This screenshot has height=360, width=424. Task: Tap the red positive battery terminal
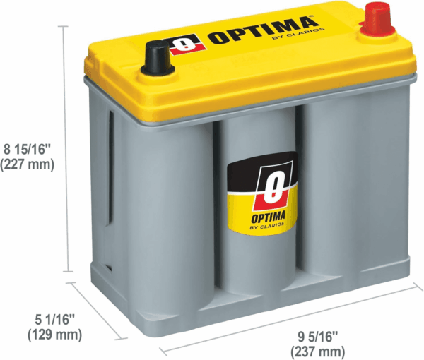pyautogui.click(x=377, y=20)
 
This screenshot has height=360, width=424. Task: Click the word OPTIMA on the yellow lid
pyautogui.click(x=261, y=30)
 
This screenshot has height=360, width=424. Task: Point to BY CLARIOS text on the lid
pyautogui.click(x=298, y=34)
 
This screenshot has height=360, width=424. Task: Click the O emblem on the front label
pyautogui.click(x=273, y=186)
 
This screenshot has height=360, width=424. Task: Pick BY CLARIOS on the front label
pyautogui.click(x=267, y=226)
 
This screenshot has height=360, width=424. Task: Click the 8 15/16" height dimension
pyautogui.click(x=28, y=150)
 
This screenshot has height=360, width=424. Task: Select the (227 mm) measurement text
pyautogui.click(x=28, y=164)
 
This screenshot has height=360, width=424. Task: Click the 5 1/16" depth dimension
pyautogui.click(x=54, y=320)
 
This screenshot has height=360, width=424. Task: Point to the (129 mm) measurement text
pyautogui.click(x=54, y=335)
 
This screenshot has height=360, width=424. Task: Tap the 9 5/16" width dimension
pyautogui.click(x=318, y=337)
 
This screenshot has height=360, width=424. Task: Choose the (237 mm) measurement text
pyautogui.click(x=318, y=352)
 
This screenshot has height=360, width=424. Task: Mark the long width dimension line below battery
pyautogui.click(x=292, y=318)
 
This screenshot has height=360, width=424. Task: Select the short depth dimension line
pyautogui.click(x=97, y=310)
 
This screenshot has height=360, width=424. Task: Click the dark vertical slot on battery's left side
pyautogui.click(x=111, y=167)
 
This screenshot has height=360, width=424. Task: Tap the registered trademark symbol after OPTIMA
pyautogui.click(x=313, y=16)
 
